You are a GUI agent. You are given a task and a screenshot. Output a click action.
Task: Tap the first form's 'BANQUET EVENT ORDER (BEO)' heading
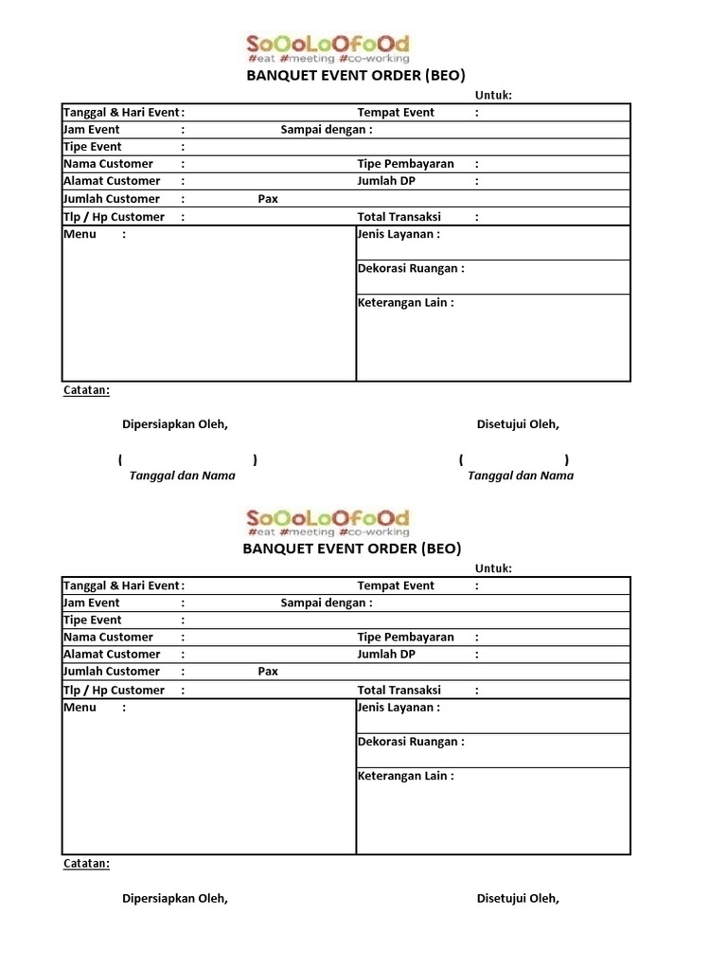[x=354, y=75]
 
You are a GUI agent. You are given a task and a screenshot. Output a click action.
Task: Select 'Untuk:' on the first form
[x=493, y=95]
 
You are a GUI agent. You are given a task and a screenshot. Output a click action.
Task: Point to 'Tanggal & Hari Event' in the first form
[x=120, y=112]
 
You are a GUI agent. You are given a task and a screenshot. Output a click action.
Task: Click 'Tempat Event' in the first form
[x=396, y=112]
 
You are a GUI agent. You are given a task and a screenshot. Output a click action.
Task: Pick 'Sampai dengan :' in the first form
[x=327, y=129]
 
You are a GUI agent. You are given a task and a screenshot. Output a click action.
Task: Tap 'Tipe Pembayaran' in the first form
[x=405, y=163]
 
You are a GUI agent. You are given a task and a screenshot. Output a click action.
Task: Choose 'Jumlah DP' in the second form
[x=385, y=654]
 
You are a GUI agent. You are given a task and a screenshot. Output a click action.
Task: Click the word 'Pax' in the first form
[x=268, y=199]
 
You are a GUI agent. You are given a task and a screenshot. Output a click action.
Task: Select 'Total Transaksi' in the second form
[x=399, y=690]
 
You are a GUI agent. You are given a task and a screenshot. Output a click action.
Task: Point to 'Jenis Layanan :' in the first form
[x=399, y=234]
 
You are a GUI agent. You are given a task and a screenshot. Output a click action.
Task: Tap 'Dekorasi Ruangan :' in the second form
[x=411, y=742]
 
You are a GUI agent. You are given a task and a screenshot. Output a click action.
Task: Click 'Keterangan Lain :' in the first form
[x=405, y=302]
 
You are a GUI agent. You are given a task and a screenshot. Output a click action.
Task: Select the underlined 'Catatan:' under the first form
[x=86, y=389]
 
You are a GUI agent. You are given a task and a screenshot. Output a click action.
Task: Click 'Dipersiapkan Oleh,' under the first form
[x=175, y=424]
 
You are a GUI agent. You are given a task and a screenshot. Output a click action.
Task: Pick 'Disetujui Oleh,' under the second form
[x=518, y=898]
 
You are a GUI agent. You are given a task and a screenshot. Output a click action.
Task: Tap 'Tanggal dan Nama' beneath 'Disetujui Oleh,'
[x=521, y=476]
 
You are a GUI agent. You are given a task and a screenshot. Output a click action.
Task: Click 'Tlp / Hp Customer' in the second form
[x=114, y=690]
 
